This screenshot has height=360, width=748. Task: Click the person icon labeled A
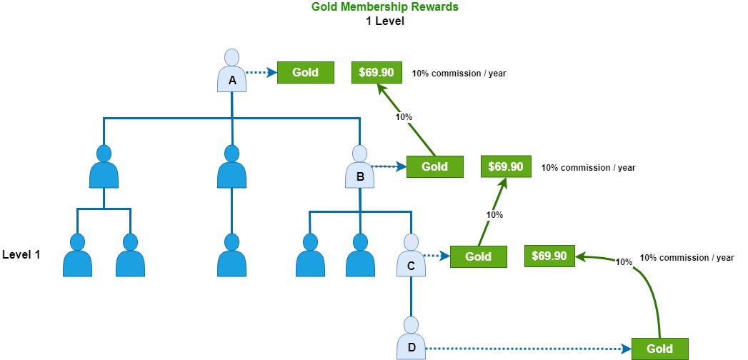coord(232,71)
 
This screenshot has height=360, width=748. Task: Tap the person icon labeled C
coord(412,255)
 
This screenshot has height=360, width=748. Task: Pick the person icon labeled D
coord(412,338)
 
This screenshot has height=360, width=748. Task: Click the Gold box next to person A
coord(305,73)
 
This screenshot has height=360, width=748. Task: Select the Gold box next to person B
coord(434,167)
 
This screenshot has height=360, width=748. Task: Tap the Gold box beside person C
coord(478,256)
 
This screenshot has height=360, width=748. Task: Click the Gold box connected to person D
coord(659,349)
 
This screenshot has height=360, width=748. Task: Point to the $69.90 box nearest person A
coord(377,72)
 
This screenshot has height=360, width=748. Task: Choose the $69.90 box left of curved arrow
coord(549,256)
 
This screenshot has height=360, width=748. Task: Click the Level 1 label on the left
coord(21,254)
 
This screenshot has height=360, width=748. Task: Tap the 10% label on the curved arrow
coord(624,261)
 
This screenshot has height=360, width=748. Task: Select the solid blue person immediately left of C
coord(360,255)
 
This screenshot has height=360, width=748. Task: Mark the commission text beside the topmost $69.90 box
coord(459,74)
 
